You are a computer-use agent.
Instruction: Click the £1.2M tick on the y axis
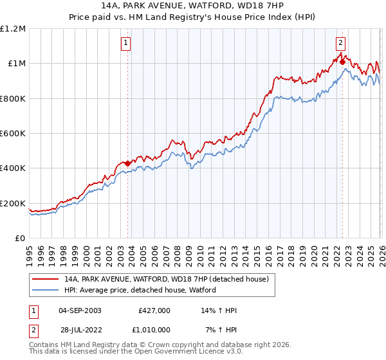[13, 29]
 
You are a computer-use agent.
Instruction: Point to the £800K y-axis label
[13, 99]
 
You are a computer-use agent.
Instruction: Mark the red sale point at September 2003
[127, 163]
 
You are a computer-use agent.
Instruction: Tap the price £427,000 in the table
[154, 310]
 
